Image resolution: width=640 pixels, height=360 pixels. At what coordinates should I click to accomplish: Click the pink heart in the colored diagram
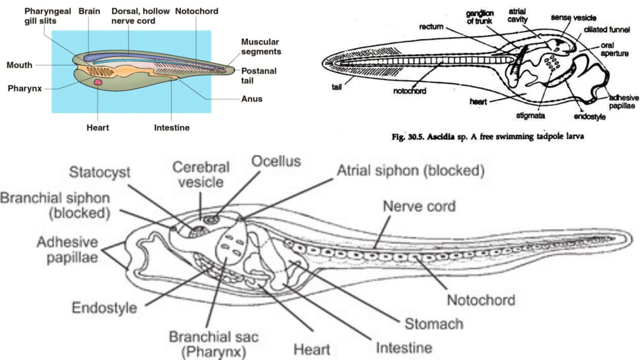[98, 82]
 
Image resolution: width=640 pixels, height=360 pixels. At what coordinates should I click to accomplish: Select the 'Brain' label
[89, 11]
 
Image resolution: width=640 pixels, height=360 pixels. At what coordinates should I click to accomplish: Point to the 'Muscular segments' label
[261, 47]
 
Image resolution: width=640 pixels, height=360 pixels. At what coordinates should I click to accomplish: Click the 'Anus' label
[252, 99]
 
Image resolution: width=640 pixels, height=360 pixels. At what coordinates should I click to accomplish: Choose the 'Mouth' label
[19, 65]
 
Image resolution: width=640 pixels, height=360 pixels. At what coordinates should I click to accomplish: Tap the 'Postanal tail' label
[258, 75]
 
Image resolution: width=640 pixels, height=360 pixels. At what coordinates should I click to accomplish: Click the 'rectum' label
[431, 27]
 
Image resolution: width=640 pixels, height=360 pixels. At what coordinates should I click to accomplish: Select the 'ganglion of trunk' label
[480, 17]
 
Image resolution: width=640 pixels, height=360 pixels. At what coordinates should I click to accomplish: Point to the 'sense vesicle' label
[573, 17]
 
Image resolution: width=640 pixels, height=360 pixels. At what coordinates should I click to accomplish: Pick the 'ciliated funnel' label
[606, 30]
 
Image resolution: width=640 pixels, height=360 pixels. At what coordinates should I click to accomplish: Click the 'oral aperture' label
[614, 49]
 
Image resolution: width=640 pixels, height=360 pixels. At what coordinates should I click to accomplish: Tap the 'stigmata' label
[530, 115]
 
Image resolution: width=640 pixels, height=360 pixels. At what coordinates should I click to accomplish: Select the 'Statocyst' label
[100, 172]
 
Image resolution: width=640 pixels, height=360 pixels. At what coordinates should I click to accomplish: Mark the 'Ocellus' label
[276, 161]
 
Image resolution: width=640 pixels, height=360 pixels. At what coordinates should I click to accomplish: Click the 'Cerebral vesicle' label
[201, 175]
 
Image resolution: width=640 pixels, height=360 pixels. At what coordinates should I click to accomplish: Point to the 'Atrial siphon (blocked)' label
[410, 170]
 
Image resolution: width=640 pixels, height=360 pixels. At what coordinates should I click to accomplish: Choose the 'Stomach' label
[434, 324]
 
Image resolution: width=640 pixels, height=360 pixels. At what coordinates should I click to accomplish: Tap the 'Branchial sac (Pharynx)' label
[213, 344]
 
